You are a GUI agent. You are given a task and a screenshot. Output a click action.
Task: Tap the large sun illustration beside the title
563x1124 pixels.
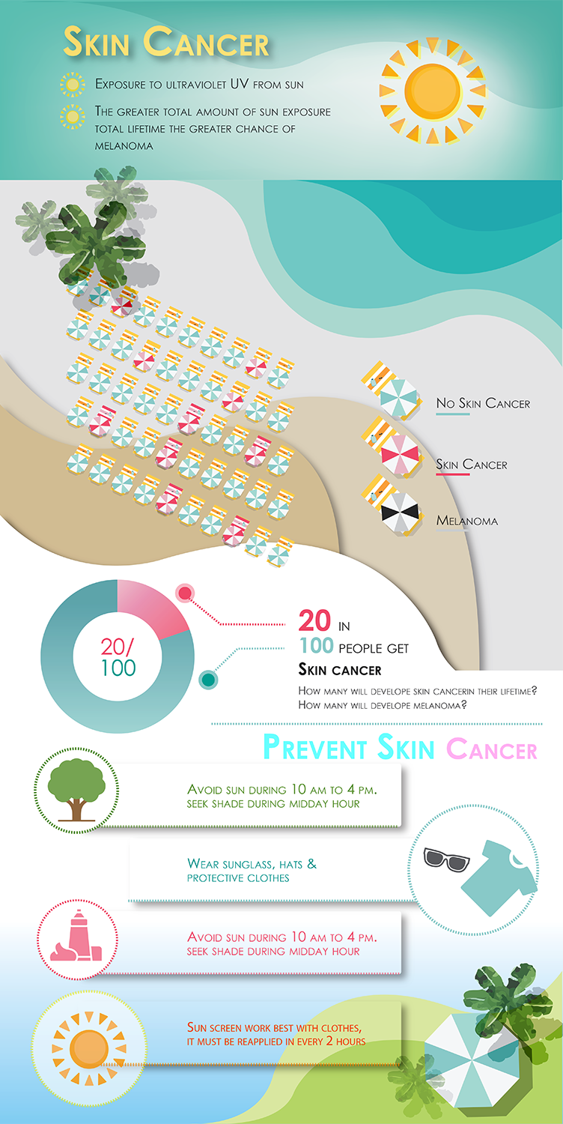432,91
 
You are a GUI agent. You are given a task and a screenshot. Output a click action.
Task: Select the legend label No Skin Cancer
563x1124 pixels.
483,403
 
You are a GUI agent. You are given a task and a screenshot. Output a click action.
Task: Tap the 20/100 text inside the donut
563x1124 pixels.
118,657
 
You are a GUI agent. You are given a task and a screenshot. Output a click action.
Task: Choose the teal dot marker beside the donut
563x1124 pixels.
208,680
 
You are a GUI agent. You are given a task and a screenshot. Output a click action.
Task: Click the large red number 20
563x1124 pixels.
314,620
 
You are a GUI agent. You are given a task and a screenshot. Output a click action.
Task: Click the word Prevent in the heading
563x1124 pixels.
314,748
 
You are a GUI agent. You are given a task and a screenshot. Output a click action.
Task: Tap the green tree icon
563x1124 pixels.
76,790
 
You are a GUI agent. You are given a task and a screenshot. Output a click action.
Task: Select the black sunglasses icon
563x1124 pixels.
445,859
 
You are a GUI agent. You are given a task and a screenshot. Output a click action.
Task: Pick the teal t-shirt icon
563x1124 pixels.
499,877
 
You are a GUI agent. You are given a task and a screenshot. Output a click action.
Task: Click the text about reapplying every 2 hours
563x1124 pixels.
276,1035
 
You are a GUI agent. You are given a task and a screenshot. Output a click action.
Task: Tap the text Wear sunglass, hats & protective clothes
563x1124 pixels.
252,871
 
